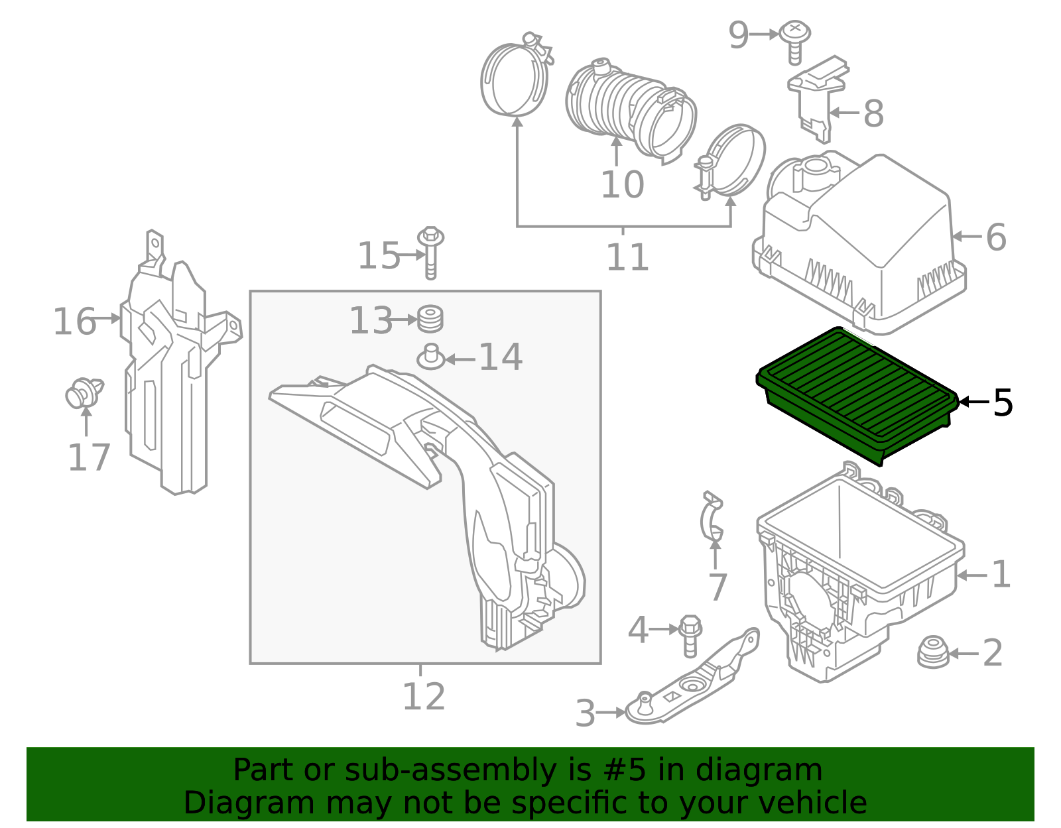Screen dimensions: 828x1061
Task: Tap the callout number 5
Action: tap(1002, 402)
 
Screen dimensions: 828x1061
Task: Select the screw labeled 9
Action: tap(794, 41)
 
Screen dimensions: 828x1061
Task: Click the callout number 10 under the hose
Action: tap(622, 184)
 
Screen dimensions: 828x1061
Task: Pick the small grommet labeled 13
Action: tap(430, 319)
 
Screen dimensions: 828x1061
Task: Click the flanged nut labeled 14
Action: tap(431, 357)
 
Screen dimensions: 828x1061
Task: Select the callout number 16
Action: tap(74, 322)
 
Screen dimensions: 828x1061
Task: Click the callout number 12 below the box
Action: tap(424, 697)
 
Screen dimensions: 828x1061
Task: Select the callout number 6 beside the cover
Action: tap(995, 237)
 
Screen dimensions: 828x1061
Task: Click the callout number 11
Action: tap(627, 257)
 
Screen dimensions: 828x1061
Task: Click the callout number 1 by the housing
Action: tap(1001, 574)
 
